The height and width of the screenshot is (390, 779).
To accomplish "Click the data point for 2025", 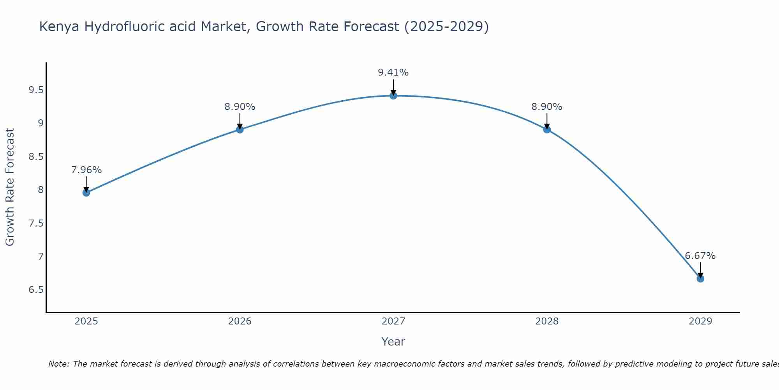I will pyautogui.click(x=86, y=193).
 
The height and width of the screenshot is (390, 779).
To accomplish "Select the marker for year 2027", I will pyautogui.click(x=393, y=96).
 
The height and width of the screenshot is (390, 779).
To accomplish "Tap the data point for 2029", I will pyautogui.click(x=700, y=278).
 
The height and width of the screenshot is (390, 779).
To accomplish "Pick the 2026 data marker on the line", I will pyautogui.click(x=240, y=129).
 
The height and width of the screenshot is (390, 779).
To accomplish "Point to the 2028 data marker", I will pyautogui.click(x=547, y=129).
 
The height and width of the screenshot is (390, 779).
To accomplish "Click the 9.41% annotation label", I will pyautogui.click(x=393, y=73).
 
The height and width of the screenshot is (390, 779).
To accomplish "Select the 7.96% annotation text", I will pyautogui.click(x=86, y=170).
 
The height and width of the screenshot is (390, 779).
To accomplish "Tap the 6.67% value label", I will pyautogui.click(x=700, y=256).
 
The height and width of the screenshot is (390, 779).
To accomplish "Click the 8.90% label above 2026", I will pyautogui.click(x=240, y=107).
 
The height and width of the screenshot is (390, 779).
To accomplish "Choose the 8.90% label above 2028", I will pyautogui.click(x=547, y=107).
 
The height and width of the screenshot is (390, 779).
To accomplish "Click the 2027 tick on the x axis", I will pyautogui.click(x=393, y=321).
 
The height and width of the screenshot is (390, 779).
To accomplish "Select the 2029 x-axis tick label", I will pyautogui.click(x=700, y=321).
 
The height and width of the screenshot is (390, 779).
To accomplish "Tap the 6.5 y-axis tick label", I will pyautogui.click(x=36, y=290).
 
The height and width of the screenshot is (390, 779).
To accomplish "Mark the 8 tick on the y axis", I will pyautogui.click(x=41, y=190).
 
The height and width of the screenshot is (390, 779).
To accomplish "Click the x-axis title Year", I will pyautogui.click(x=393, y=342).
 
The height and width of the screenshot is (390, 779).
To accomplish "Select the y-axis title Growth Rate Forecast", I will pyautogui.click(x=10, y=187).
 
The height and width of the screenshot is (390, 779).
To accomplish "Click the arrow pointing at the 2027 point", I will pyautogui.click(x=393, y=87).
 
